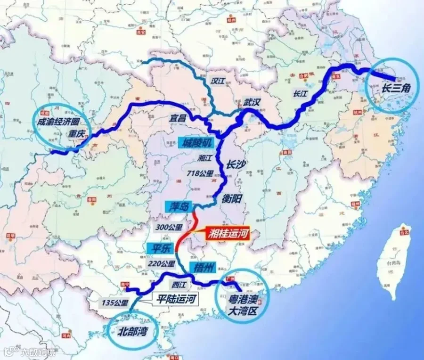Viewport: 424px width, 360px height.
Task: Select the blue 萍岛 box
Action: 176,206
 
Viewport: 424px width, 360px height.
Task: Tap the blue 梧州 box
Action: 202,267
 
